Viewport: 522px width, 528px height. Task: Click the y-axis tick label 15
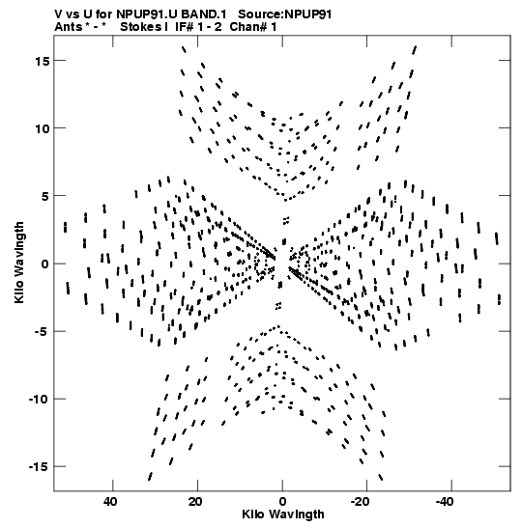43,61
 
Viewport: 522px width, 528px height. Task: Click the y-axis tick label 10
43,128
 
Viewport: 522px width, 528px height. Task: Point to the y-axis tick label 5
45,196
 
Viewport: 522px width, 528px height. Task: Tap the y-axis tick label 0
45,264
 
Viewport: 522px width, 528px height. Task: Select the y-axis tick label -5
42,332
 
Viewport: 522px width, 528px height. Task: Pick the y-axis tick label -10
39,400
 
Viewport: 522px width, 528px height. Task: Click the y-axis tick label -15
39,467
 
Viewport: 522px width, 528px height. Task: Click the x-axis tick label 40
110,502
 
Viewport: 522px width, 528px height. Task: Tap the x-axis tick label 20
195,502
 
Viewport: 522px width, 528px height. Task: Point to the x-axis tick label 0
282,502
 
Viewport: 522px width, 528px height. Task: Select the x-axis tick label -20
362,502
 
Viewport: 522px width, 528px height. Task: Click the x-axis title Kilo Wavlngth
283,514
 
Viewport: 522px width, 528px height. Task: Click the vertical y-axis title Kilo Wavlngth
19,263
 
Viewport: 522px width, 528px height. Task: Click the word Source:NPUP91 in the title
284,14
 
